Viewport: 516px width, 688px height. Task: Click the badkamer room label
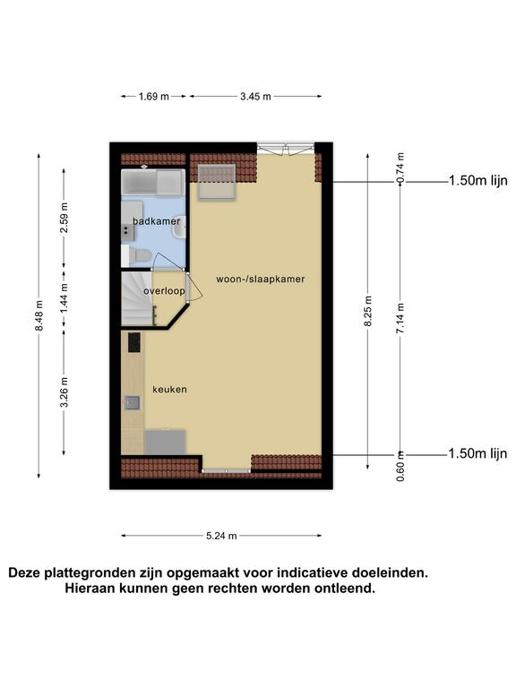coord(157,221)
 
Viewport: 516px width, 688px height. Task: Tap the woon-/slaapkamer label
coord(260,279)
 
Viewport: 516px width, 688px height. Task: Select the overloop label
coord(164,291)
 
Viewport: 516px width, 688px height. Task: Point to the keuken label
coord(170,389)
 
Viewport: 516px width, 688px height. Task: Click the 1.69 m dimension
coord(153,97)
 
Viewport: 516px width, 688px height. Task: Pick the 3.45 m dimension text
coord(255,97)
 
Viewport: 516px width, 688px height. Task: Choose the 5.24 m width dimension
coord(221,536)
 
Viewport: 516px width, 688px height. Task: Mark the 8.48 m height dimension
coord(39,315)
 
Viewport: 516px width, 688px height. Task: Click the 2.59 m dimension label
coord(64,217)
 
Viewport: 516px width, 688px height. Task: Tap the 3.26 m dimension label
coord(64,391)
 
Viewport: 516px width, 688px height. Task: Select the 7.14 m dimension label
coord(400,318)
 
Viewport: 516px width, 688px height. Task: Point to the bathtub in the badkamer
coord(152,182)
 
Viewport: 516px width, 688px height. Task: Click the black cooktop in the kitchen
coord(134,342)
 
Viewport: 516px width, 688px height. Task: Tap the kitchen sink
coord(133,402)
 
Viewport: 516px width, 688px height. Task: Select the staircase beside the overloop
coord(137,298)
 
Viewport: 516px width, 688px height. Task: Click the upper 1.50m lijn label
coord(477,180)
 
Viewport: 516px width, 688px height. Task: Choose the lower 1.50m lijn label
coord(477,453)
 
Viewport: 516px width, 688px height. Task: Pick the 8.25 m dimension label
coord(368,311)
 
